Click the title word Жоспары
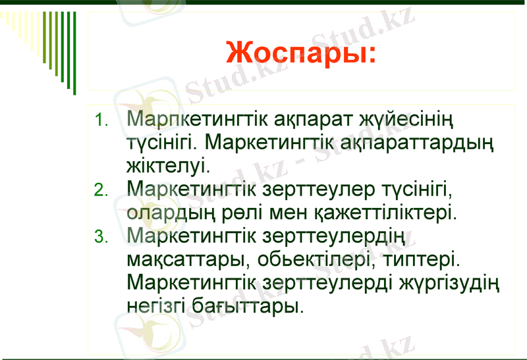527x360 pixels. [x=300, y=52]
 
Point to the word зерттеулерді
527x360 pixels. [x=328, y=282]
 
